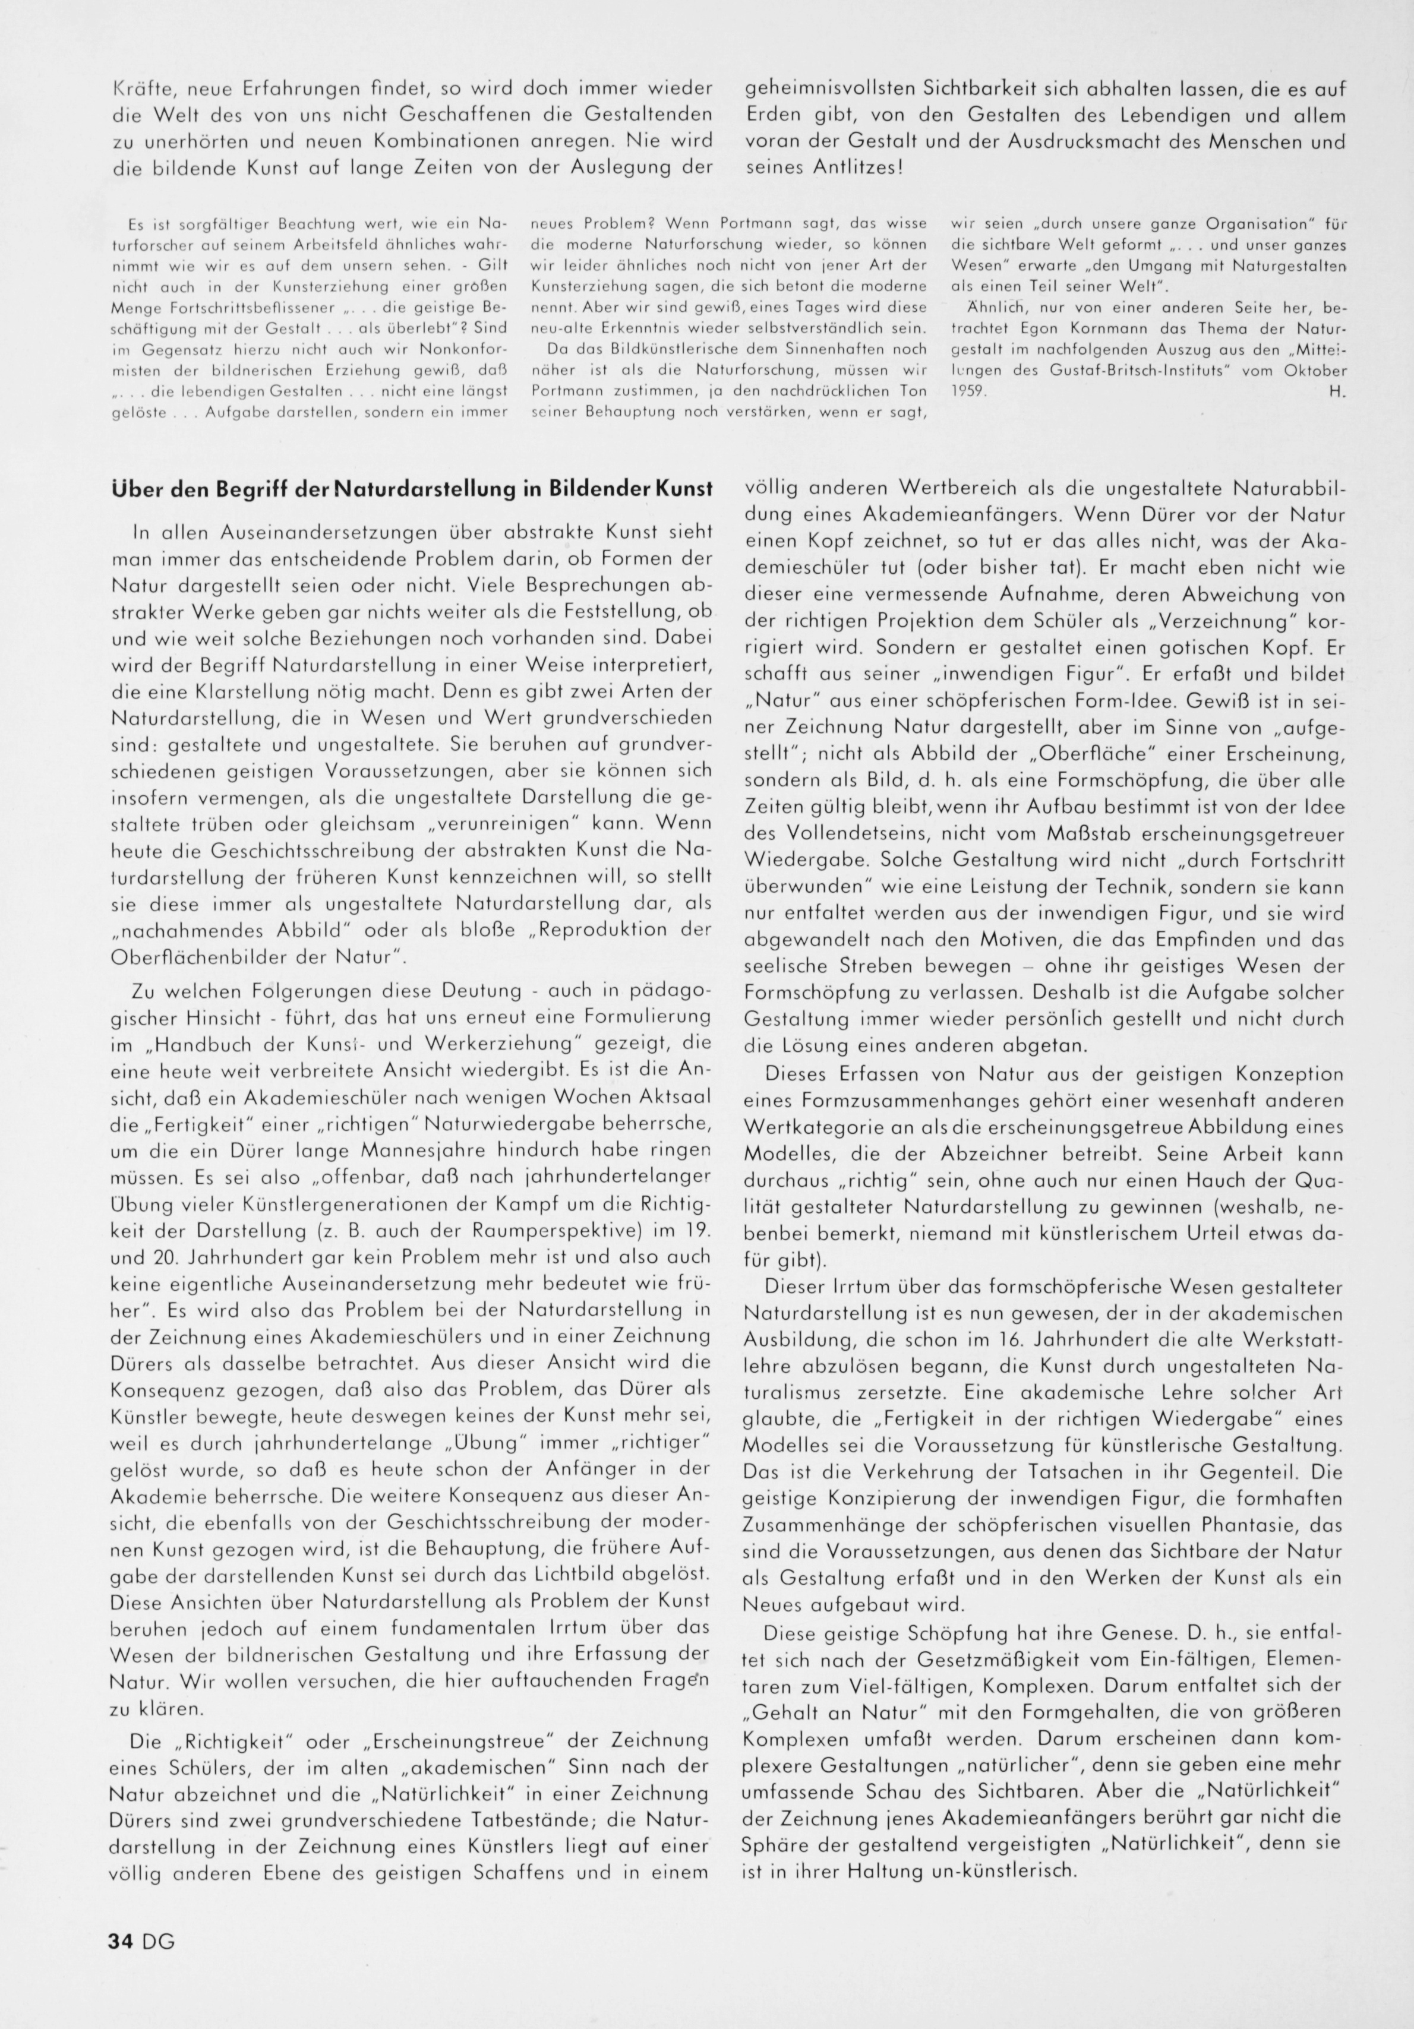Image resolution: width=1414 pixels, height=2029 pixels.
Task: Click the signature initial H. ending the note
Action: pyautogui.click(x=1336, y=393)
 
